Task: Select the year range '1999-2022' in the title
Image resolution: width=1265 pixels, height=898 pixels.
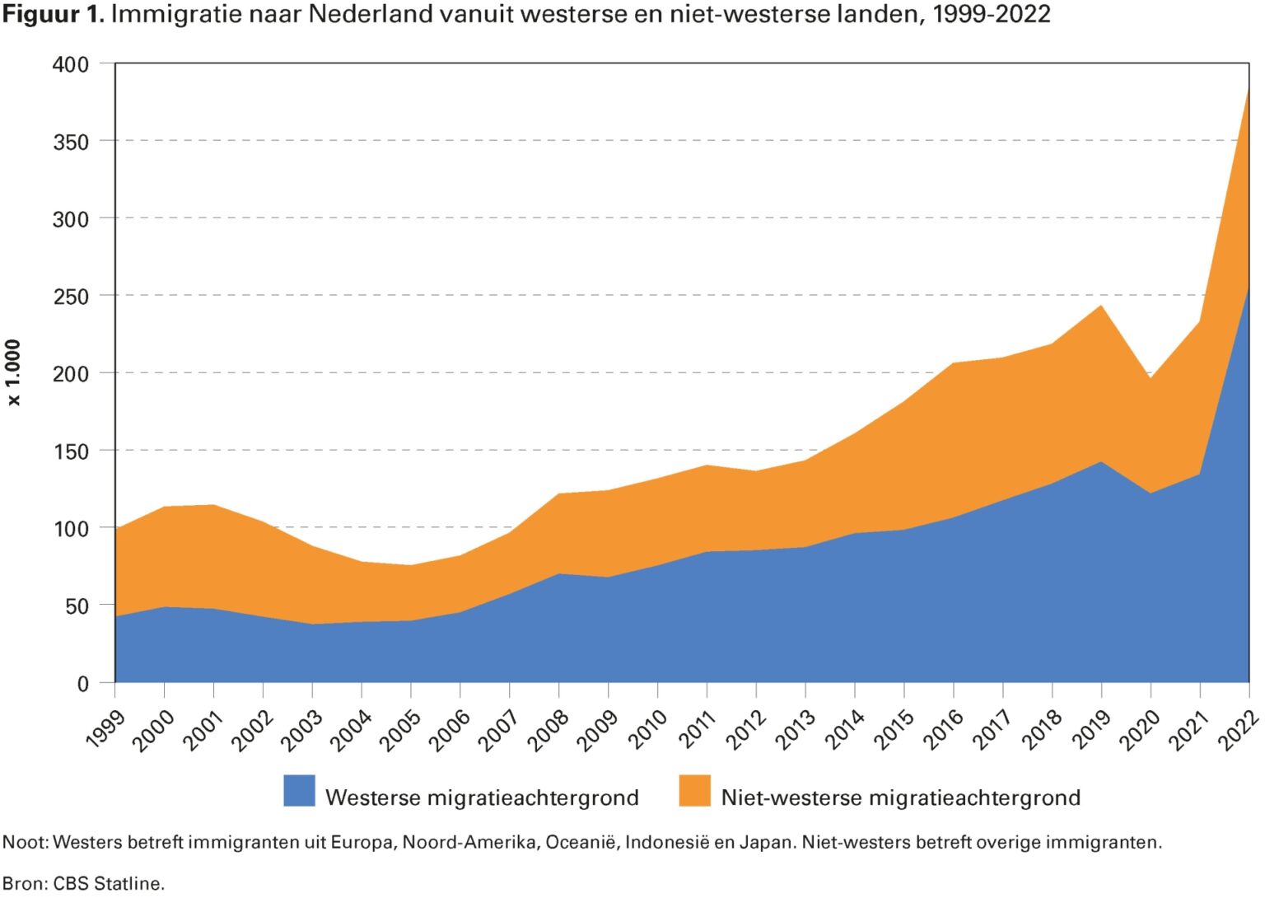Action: pos(991,14)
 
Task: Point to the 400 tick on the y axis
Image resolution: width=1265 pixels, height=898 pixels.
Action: pos(70,64)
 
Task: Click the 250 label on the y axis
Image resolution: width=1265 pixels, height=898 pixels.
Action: pos(70,297)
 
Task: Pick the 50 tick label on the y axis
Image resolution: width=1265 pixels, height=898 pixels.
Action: pos(76,606)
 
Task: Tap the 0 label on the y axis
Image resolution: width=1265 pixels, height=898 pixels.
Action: pos(82,684)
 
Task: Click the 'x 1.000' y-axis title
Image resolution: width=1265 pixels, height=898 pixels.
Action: pos(13,372)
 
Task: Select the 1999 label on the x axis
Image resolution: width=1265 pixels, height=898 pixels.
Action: pos(105,727)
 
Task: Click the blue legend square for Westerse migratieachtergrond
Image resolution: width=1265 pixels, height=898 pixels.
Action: pos(299,791)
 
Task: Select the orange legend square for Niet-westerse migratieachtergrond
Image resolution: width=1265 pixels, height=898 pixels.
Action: pos(694,791)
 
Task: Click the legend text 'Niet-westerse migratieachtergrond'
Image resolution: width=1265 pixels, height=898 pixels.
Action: pos(900,797)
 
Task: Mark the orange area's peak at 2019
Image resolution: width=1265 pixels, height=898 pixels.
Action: pos(1101,306)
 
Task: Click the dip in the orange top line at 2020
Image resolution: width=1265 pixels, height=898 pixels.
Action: pos(1151,378)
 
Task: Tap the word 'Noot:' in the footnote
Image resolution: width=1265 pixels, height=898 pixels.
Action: pos(26,843)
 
